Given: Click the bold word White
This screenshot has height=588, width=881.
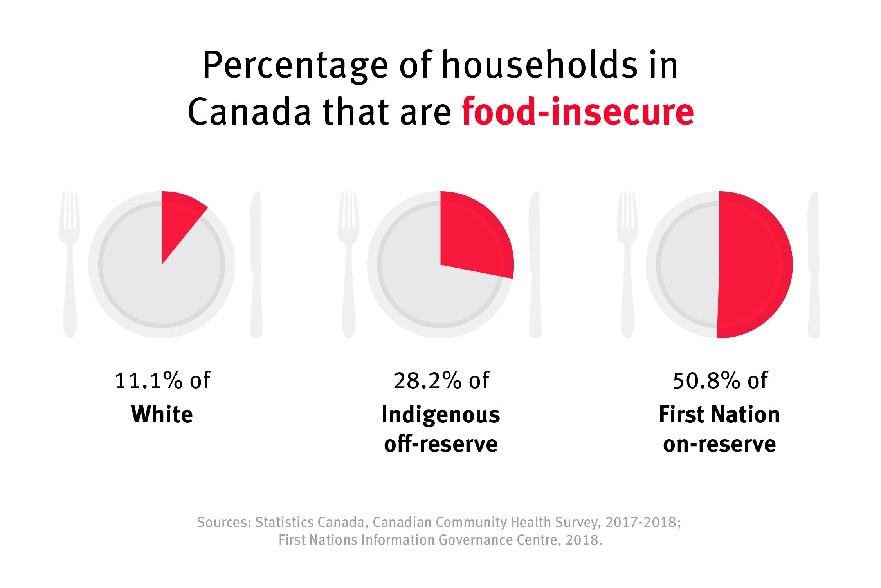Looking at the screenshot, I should tap(162, 414).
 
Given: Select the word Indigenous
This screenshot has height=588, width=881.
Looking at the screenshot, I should tap(441, 415).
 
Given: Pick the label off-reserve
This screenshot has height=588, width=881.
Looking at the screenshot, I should tap(441, 444).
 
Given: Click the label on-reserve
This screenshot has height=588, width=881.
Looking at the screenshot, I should tap(719, 444).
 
